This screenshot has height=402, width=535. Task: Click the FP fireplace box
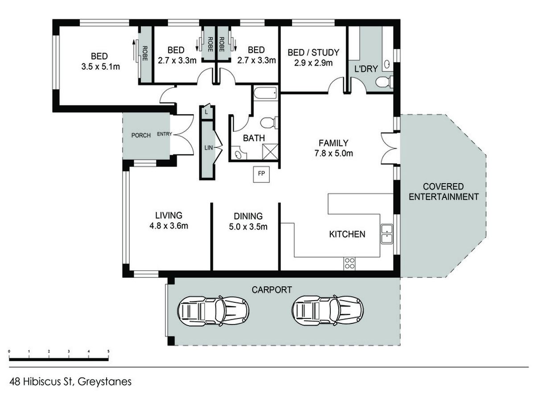pyautogui.click(x=261, y=174)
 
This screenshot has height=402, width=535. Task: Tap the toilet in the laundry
pyautogui.click(x=384, y=82)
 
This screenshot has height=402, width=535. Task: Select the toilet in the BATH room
pyautogui.click(x=269, y=122)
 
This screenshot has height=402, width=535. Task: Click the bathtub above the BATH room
pyautogui.click(x=265, y=93)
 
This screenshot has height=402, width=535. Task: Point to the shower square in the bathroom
pyautogui.click(x=270, y=151)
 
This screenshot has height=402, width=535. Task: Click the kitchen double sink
pyautogui.click(x=387, y=234)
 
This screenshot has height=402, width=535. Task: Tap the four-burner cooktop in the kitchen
pyautogui.click(x=350, y=264)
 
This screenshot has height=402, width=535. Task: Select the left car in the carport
pyautogui.click(x=213, y=311)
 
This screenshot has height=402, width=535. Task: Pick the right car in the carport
pyautogui.click(x=327, y=311)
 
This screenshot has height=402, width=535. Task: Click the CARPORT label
pyautogui.click(x=272, y=290)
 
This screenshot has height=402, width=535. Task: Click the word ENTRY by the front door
pyautogui.click(x=165, y=134)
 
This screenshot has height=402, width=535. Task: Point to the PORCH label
pyautogui.click(x=141, y=135)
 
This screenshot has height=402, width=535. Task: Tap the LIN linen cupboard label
pyautogui.click(x=209, y=148)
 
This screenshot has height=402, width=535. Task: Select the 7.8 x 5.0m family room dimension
pyautogui.click(x=333, y=153)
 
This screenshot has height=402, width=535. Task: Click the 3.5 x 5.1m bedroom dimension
pyautogui.click(x=100, y=67)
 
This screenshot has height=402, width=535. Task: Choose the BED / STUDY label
pyautogui.click(x=313, y=52)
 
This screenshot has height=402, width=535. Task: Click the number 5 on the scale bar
pyautogui.click(x=108, y=352)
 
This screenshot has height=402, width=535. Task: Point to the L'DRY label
pyautogui.click(x=366, y=69)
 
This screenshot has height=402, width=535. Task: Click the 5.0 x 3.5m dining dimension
pyautogui.click(x=248, y=227)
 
